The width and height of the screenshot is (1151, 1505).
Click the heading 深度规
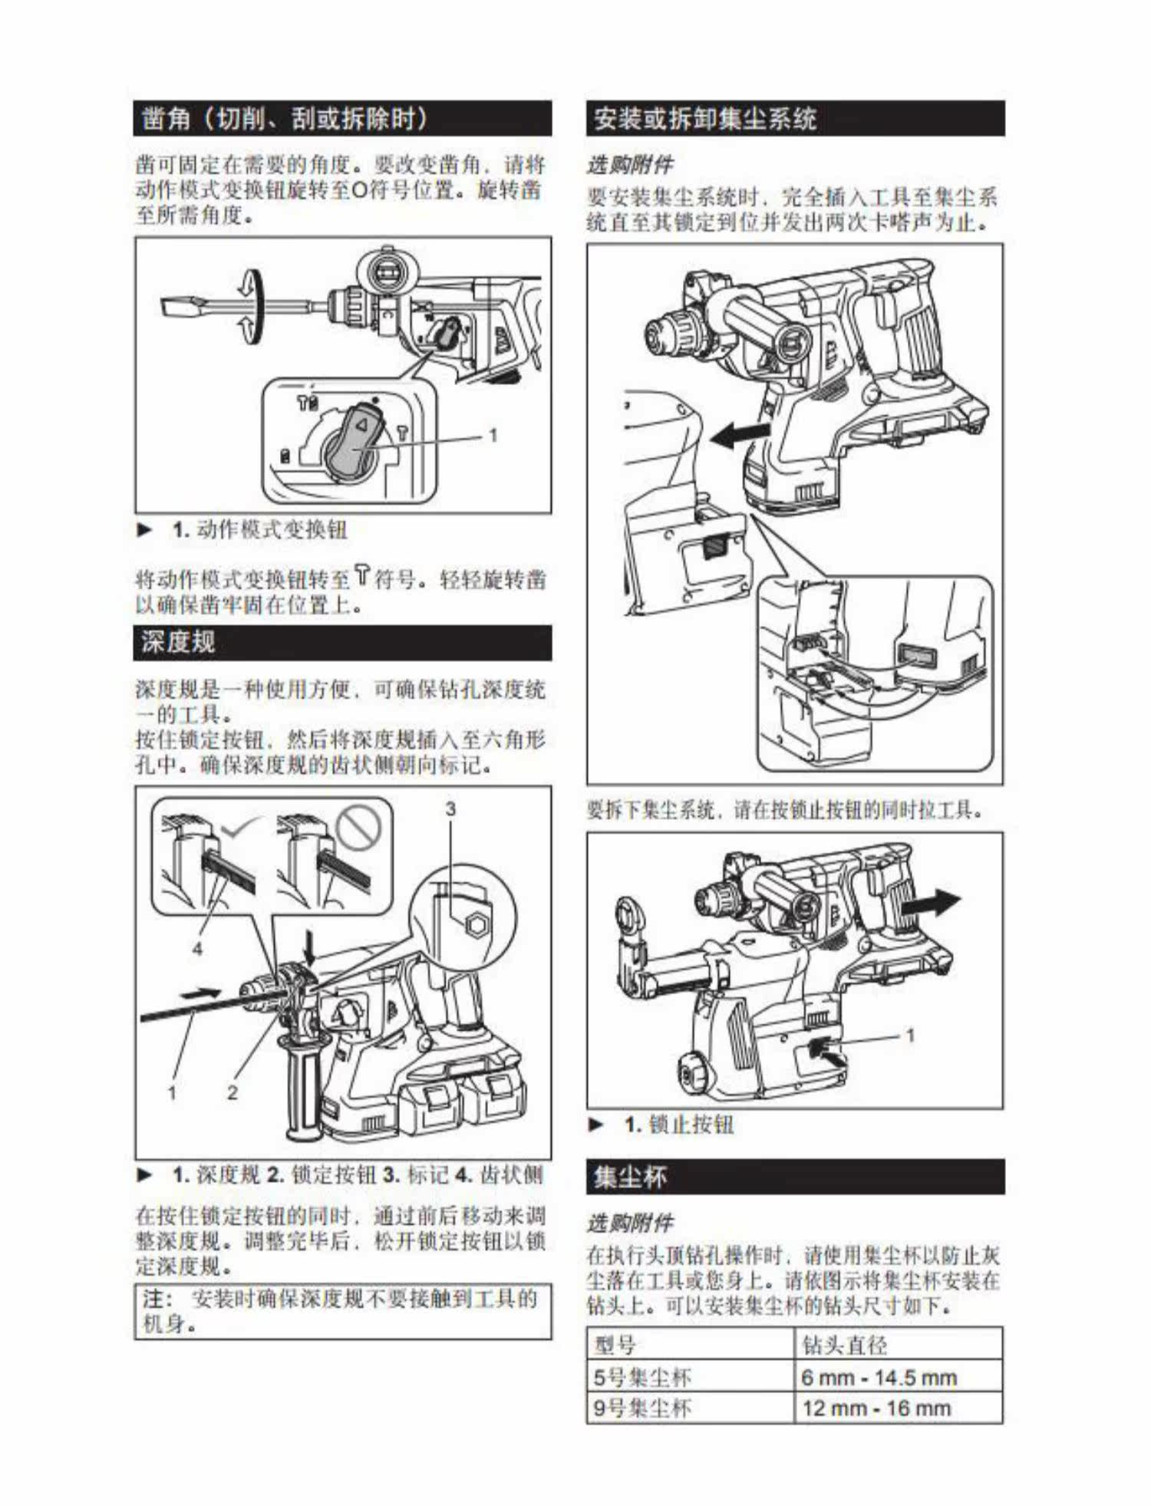(178, 642)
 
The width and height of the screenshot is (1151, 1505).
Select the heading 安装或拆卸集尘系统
(705, 119)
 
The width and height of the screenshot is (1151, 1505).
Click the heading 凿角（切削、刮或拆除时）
(285, 119)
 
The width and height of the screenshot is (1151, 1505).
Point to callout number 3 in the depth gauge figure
(450, 808)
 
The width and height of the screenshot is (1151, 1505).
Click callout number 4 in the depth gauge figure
(197, 949)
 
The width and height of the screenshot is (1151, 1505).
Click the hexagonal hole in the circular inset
(475, 924)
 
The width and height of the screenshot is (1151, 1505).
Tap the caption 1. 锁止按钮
(679, 1125)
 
